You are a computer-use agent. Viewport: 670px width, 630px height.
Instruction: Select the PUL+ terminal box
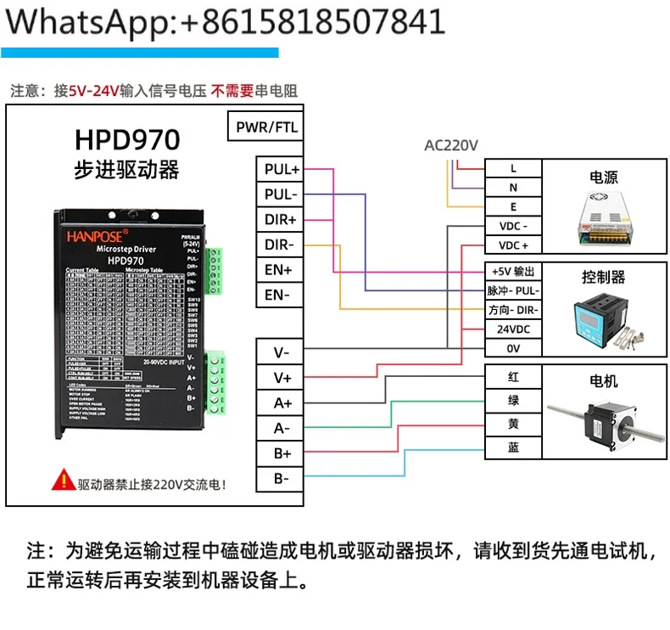(x=282, y=170)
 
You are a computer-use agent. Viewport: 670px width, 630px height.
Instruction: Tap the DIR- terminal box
(x=282, y=245)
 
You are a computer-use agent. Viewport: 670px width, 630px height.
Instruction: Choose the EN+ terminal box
(x=282, y=271)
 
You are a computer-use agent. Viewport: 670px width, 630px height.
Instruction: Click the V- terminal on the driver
(x=282, y=352)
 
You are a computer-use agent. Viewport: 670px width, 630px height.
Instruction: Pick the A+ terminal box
(x=282, y=403)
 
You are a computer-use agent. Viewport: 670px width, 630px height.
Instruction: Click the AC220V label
(x=451, y=145)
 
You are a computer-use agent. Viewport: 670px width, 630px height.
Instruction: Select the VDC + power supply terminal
(x=513, y=245)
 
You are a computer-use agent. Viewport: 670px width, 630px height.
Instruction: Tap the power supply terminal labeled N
(x=513, y=188)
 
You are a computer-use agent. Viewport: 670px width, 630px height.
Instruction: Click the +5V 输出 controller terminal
(x=513, y=271)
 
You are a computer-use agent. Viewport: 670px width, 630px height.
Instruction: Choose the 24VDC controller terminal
(x=513, y=329)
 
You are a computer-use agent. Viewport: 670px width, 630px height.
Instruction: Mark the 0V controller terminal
(x=513, y=348)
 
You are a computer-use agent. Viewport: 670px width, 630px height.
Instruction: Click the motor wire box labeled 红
(x=513, y=377)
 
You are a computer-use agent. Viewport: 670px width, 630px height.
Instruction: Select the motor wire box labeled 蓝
(x=513, y=447)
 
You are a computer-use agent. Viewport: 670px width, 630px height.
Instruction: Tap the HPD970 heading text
(x=126, y=139)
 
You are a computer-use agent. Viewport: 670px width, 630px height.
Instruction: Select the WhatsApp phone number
(x=313, y=22)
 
